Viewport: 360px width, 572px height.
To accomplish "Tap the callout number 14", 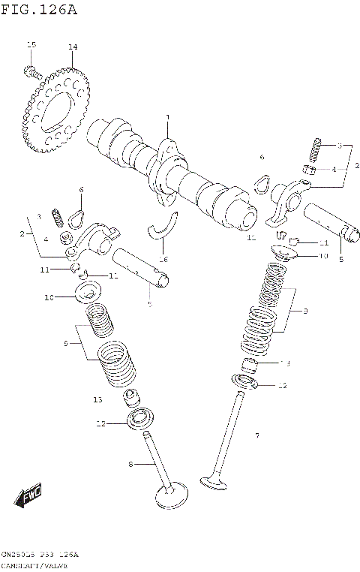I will (x=73, y=47).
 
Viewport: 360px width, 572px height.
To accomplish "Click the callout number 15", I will (x=31, y=47).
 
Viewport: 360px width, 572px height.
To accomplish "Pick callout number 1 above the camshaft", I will (x=168, y=118).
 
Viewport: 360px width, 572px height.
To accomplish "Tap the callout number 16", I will (x=163, y=259).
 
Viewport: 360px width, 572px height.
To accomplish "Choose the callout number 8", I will (x=130, y=465).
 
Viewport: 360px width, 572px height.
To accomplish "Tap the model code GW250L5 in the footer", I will (x=19, y=554).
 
